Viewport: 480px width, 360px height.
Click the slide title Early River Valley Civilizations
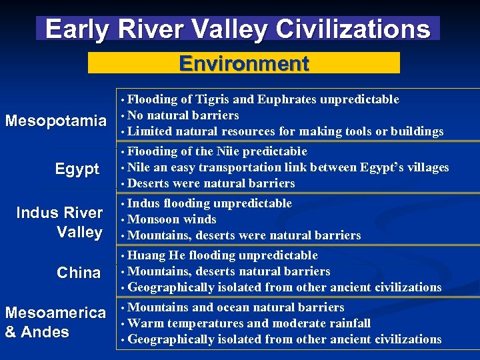pos(238,29)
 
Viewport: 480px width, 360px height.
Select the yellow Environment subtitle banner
pos(244,63)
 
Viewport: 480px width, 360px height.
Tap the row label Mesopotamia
pos(55,121)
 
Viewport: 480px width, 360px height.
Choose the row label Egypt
pos(77,169)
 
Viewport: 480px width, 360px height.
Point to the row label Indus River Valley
pos(59,222)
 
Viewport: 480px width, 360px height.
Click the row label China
pos(79,273)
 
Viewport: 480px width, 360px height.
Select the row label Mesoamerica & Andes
pos(55,322)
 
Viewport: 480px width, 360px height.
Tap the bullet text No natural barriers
pos(183,115)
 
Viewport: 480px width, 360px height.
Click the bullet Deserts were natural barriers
pos(211,183)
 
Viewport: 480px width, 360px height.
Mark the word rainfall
pos(347,323)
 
